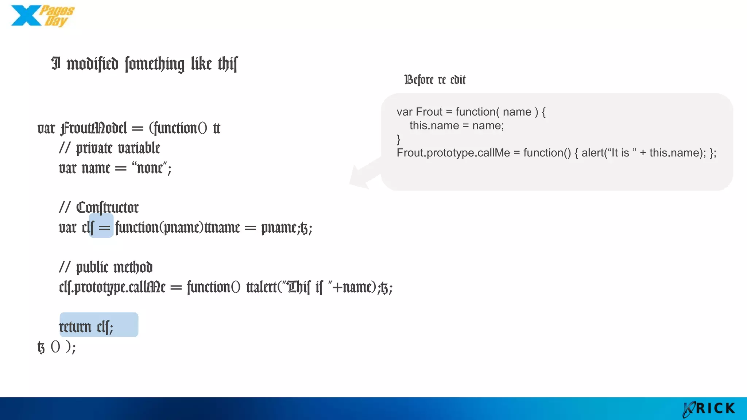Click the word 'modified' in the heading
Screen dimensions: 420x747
(x=93, y=64)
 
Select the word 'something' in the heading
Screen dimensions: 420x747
(x=155, y=64)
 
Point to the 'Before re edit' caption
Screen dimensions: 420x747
(x=435, y=79)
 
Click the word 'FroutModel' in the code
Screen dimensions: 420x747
(x=94, y=128)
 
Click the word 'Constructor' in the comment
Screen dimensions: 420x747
(x=107, y=208)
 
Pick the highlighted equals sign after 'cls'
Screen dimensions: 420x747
(x=104, y=228)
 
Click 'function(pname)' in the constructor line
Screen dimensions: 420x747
(x=159, y=228)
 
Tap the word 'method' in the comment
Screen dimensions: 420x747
(x=133, y=267)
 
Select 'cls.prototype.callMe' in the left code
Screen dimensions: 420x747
(x=112, y=287)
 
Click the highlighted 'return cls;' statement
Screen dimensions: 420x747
(x=87, y=327)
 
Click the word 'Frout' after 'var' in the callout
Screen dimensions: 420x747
(x=429, y=112)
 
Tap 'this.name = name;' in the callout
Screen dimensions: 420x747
(x=457, y=126)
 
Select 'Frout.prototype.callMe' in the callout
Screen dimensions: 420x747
(x=453, y=153)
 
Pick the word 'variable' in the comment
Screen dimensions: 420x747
(x=139, y=148)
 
